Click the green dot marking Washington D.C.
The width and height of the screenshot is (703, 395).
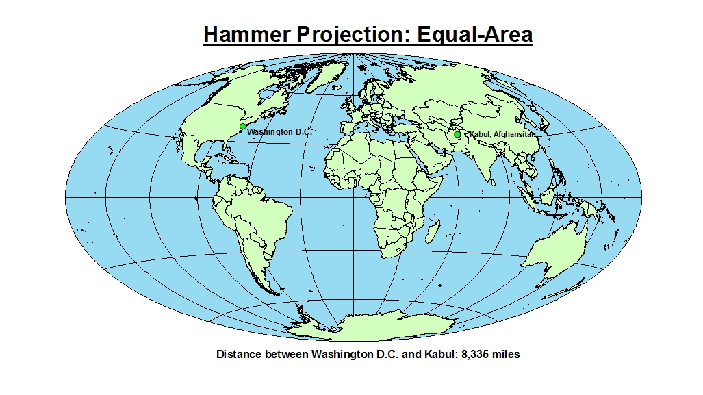[x=242, y=127]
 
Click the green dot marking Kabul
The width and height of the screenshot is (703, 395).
[x=457, y=134]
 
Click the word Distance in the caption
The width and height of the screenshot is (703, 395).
[x=239, y=355]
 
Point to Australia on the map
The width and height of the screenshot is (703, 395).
[x=554, y=256]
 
